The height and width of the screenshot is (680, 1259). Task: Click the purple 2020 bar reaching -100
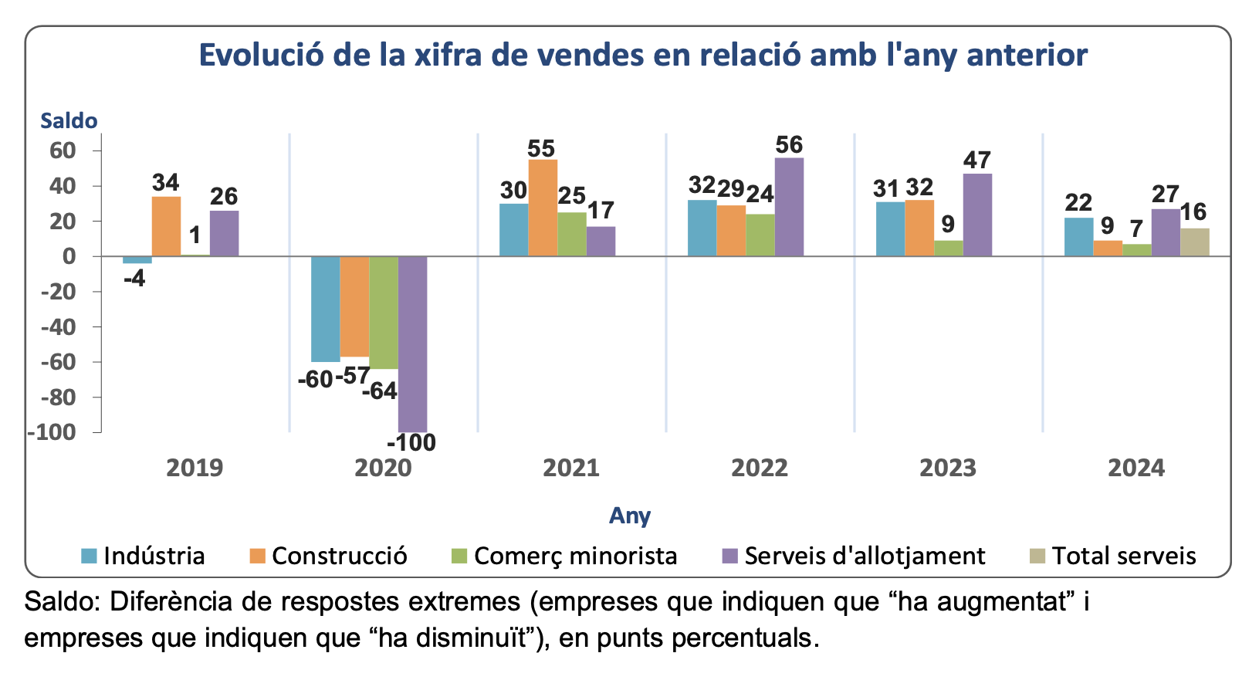click(413, 343)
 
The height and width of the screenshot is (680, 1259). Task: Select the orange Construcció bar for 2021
click(543, 208)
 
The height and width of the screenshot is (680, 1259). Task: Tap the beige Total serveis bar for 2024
click(1195, 242)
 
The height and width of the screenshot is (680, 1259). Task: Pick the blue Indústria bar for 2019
click(137, 260)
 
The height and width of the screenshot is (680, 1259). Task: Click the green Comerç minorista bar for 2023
click(949, 249)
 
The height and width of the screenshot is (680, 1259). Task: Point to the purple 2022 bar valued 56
click(789, 207)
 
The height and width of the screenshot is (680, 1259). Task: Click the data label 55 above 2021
click(542, 148)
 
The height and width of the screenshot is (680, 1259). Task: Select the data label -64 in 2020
click(380, 391)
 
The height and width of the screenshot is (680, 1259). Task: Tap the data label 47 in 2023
click(977, 161)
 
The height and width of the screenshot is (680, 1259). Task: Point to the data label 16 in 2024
click(1193, 212)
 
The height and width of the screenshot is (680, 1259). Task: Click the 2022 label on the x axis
click(760, 468)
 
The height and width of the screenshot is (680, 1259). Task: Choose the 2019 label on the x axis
click(195, 468)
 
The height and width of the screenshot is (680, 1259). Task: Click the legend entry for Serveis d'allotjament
click(865, 557)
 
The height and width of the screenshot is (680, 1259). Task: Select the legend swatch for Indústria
click(90, 557)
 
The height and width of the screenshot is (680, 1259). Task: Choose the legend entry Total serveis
click(1124, 557)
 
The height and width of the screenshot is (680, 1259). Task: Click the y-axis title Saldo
click(69, 121)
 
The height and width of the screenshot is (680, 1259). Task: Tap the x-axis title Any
click(630, 516)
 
